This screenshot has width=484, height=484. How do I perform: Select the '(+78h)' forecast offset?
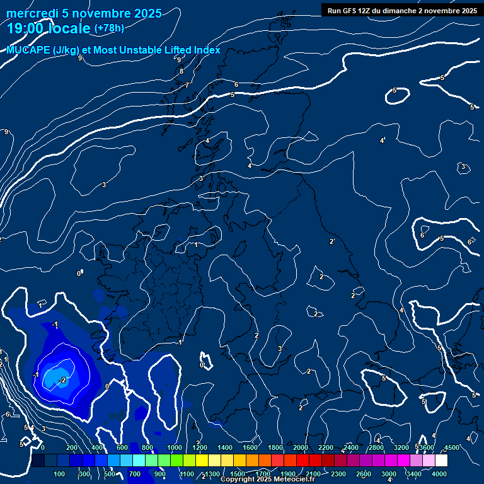(109, 28)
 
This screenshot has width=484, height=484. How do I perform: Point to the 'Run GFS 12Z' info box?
(401, 10)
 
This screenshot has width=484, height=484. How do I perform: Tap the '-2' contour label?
(62, 380)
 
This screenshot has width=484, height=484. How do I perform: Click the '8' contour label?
(181, 71)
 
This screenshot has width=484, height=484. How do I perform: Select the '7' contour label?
(187, 84)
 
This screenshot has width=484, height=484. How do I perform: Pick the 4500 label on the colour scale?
(451, 447)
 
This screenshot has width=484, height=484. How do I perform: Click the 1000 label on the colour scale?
(175, 447)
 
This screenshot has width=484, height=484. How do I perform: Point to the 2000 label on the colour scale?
(301, 447)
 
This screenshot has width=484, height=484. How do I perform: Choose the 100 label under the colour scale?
(60, 474)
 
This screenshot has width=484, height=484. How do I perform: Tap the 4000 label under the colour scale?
(439, 474)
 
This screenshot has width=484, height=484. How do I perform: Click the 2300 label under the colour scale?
(338, 474)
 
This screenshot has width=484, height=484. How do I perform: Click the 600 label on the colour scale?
(122, 447)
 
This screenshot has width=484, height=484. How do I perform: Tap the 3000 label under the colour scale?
(389, 474)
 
